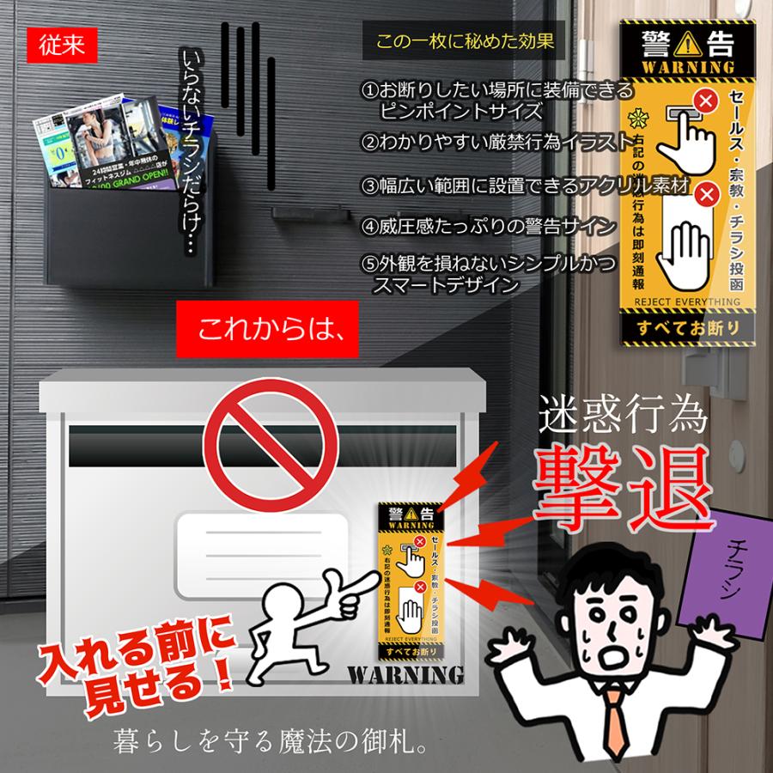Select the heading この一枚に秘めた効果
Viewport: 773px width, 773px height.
(465, 40)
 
